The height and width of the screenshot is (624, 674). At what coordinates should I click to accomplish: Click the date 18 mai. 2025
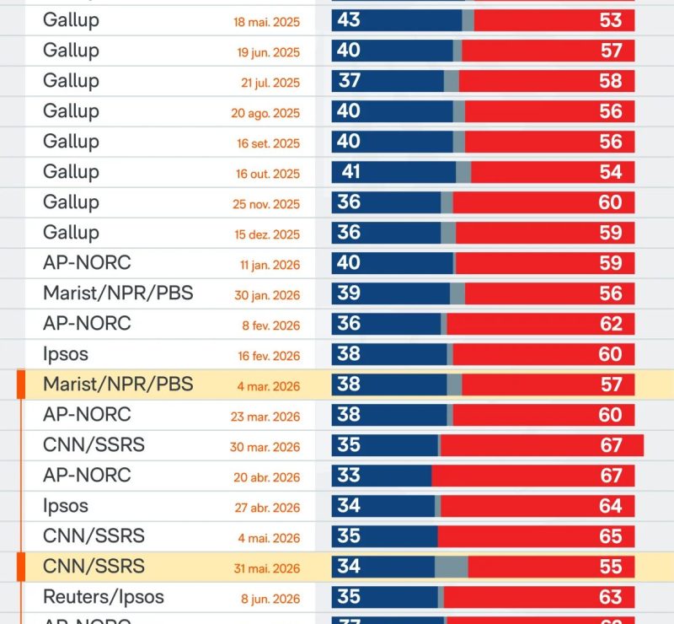tap(266, 22)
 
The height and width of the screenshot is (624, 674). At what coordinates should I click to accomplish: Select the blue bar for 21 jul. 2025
tap(388, 81)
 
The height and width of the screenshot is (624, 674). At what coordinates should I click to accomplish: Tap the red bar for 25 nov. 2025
tap(543, 202)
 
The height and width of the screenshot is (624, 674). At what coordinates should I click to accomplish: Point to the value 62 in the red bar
tap(611, 324)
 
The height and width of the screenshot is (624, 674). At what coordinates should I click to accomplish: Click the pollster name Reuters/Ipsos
tap(104, 597)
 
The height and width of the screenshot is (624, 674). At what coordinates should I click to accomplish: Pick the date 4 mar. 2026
tap(269, 386)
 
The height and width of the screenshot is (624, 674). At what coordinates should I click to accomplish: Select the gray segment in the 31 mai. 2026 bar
tap(452, 567)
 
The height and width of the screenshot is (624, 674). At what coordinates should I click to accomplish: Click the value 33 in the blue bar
tap(349, 475)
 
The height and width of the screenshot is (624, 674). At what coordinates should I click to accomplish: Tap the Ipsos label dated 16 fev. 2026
tap(66, 354)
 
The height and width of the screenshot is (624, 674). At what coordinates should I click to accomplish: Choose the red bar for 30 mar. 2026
tap(542, 445)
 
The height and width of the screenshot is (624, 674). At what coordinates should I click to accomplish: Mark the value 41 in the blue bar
tap(350, 172)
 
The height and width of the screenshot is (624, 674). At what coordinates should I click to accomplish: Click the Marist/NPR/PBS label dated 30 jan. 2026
tap(118, 293)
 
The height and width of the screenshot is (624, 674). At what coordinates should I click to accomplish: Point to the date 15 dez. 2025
tap(267, 234)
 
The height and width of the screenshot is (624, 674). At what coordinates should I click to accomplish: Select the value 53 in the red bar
tap(611, 20)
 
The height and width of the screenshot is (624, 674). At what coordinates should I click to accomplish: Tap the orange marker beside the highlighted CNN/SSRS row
tap(20, 567)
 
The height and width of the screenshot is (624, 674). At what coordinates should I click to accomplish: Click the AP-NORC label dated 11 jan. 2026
tap(88, 262)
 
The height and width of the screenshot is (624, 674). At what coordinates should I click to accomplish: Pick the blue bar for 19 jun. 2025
tap(393, 51)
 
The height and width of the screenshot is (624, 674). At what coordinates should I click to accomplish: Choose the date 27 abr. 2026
tap(267, 508)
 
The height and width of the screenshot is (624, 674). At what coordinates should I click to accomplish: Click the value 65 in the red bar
tap(611, 536)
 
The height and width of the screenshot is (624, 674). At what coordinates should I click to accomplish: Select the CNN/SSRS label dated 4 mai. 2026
tap(94, 535)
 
